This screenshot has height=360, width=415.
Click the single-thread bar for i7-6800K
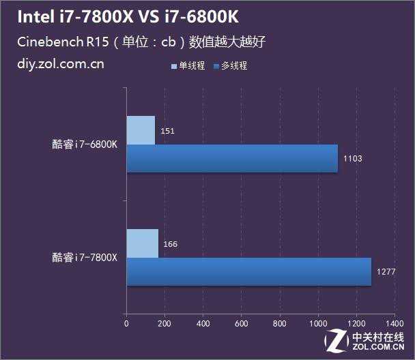(x=141, y=130)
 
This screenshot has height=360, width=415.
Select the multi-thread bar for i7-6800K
(x=232, y=158)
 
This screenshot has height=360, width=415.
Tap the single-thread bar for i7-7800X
(x=142, y=243)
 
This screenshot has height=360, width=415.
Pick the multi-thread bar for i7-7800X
(x=248, y=271)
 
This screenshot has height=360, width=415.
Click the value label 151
(x=167, y=130)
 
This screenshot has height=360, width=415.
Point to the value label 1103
(x=352, y=159)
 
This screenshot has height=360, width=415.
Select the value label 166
(x=171, y=243)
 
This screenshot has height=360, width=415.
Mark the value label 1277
(x=386, y=272)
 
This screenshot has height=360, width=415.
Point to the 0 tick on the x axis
(x=126, y=322)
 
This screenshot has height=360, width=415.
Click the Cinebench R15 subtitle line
(x=141, y=42)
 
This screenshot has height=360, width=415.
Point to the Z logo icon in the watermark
(x=337, y=340)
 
